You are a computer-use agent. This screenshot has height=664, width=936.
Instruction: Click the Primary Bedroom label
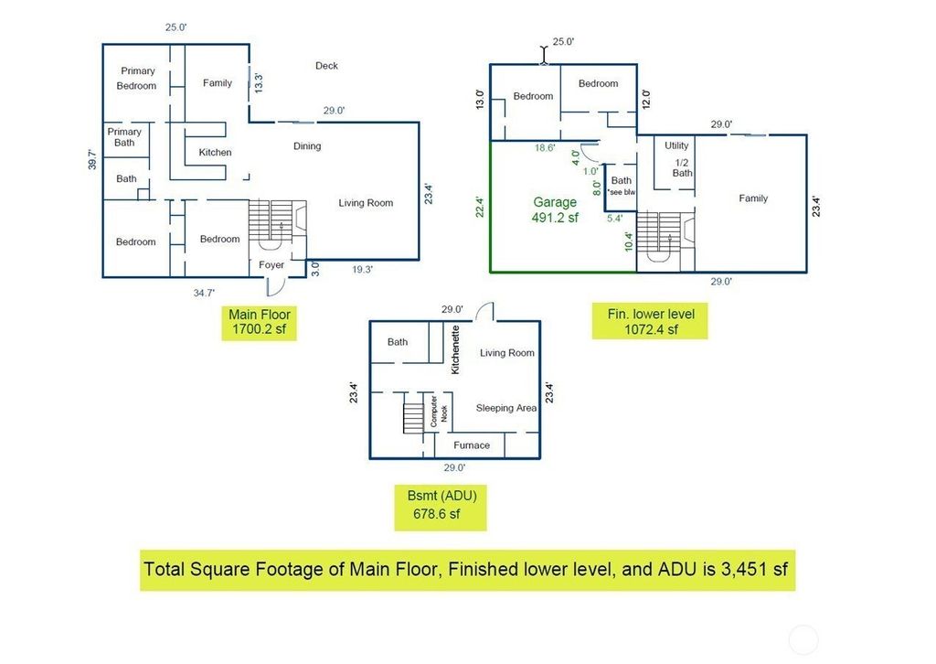(x=137, y=79)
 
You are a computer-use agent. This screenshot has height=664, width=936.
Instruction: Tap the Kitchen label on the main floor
(x=215, y=152)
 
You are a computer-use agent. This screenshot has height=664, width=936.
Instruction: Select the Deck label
(x=326, y=66)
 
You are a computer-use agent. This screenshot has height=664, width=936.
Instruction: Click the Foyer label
(x=271, y=264)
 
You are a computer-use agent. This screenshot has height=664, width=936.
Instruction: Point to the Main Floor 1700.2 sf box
(x=259, y=322)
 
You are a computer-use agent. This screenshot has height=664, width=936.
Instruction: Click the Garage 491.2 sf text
(x=555, y=210)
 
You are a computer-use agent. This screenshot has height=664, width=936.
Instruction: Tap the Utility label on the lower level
(x=676, y=145)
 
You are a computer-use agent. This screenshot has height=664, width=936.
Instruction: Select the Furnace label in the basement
(x=472, y=444)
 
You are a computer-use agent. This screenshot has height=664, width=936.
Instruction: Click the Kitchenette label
(x=455, y=350)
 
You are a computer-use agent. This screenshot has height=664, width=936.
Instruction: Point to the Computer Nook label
(x=439, y=411)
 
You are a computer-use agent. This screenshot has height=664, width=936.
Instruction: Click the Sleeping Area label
(x=506, y=408)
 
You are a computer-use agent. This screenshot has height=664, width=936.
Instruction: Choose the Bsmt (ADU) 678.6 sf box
(x=441, y=508)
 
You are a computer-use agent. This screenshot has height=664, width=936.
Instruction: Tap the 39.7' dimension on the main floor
(x=92, y=160)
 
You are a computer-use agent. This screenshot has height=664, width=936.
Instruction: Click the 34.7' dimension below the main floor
(x=204, y=293)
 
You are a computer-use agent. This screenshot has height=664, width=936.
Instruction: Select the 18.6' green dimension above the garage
(x=545, y=147)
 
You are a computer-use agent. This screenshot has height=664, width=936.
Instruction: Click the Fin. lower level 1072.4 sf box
(x=650, y=321)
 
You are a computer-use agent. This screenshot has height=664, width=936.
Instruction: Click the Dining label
(x=307, y=146)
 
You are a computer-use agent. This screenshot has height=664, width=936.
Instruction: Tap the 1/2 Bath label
(x=682, y=167)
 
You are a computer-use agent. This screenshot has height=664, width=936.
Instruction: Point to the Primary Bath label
(x=124, y=137)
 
